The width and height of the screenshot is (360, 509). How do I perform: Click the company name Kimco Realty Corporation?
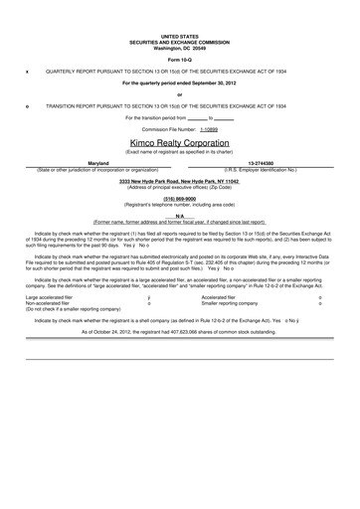(179, 143)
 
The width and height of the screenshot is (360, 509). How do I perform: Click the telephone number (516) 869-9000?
(179, 197)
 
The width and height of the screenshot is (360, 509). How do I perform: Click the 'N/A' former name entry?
(179, 215)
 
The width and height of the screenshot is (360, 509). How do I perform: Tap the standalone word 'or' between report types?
(179, 94)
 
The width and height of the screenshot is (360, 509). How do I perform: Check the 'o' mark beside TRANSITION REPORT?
(27, 105)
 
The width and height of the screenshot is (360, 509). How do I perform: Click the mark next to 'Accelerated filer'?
(319, 296)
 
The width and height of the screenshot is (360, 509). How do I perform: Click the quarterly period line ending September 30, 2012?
(179, 84)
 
